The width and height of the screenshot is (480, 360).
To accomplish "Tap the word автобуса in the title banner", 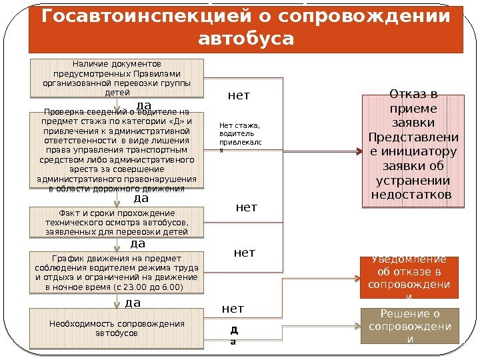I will click(246, 38).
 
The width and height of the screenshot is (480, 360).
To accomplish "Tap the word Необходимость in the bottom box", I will click(78, 323).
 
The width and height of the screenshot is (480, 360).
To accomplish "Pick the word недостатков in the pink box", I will click(411, 195).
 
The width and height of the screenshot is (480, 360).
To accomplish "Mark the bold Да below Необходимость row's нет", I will click(233, 335).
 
